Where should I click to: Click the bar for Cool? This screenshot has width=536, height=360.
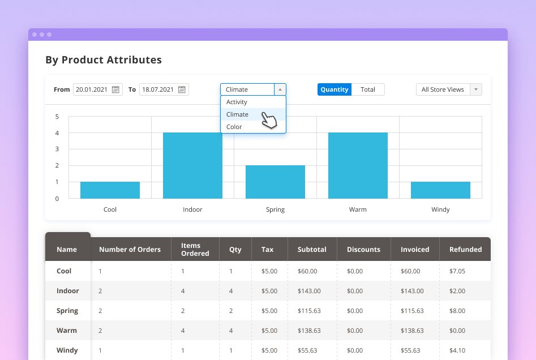[x=110, y=190]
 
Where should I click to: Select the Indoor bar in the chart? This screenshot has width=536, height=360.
[x=192, y=166]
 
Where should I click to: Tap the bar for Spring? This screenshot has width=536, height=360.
[x=275, y=182]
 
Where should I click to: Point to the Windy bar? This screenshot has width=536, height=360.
[x=440, y=190]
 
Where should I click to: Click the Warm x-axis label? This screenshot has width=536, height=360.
[x=358, y=209]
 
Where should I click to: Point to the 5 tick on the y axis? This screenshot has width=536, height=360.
[x=57, y=117]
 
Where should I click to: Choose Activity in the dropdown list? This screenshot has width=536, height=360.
[x=237, y=102]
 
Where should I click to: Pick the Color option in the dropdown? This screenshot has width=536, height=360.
[x=234, y=127]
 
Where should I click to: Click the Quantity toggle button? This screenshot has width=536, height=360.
[x=335, y=89]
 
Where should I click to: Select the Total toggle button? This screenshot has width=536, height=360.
[x=368, y=89]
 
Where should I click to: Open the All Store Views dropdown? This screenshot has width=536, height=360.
[x=449, y=89]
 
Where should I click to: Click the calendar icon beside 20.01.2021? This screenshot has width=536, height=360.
[x=116, y=89]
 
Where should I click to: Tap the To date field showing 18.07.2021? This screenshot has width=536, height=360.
[x=158, y=89]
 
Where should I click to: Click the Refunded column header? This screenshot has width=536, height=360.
[x=465, y=249]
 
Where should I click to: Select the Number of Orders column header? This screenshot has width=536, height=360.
[x=130, y=249]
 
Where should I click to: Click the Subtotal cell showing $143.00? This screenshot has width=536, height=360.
[x=309, y=291]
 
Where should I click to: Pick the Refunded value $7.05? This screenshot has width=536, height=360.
[x=457, y=271]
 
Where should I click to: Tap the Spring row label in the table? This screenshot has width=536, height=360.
[x=67, y=311]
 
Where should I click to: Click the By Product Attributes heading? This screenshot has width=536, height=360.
[x=104, y=60]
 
